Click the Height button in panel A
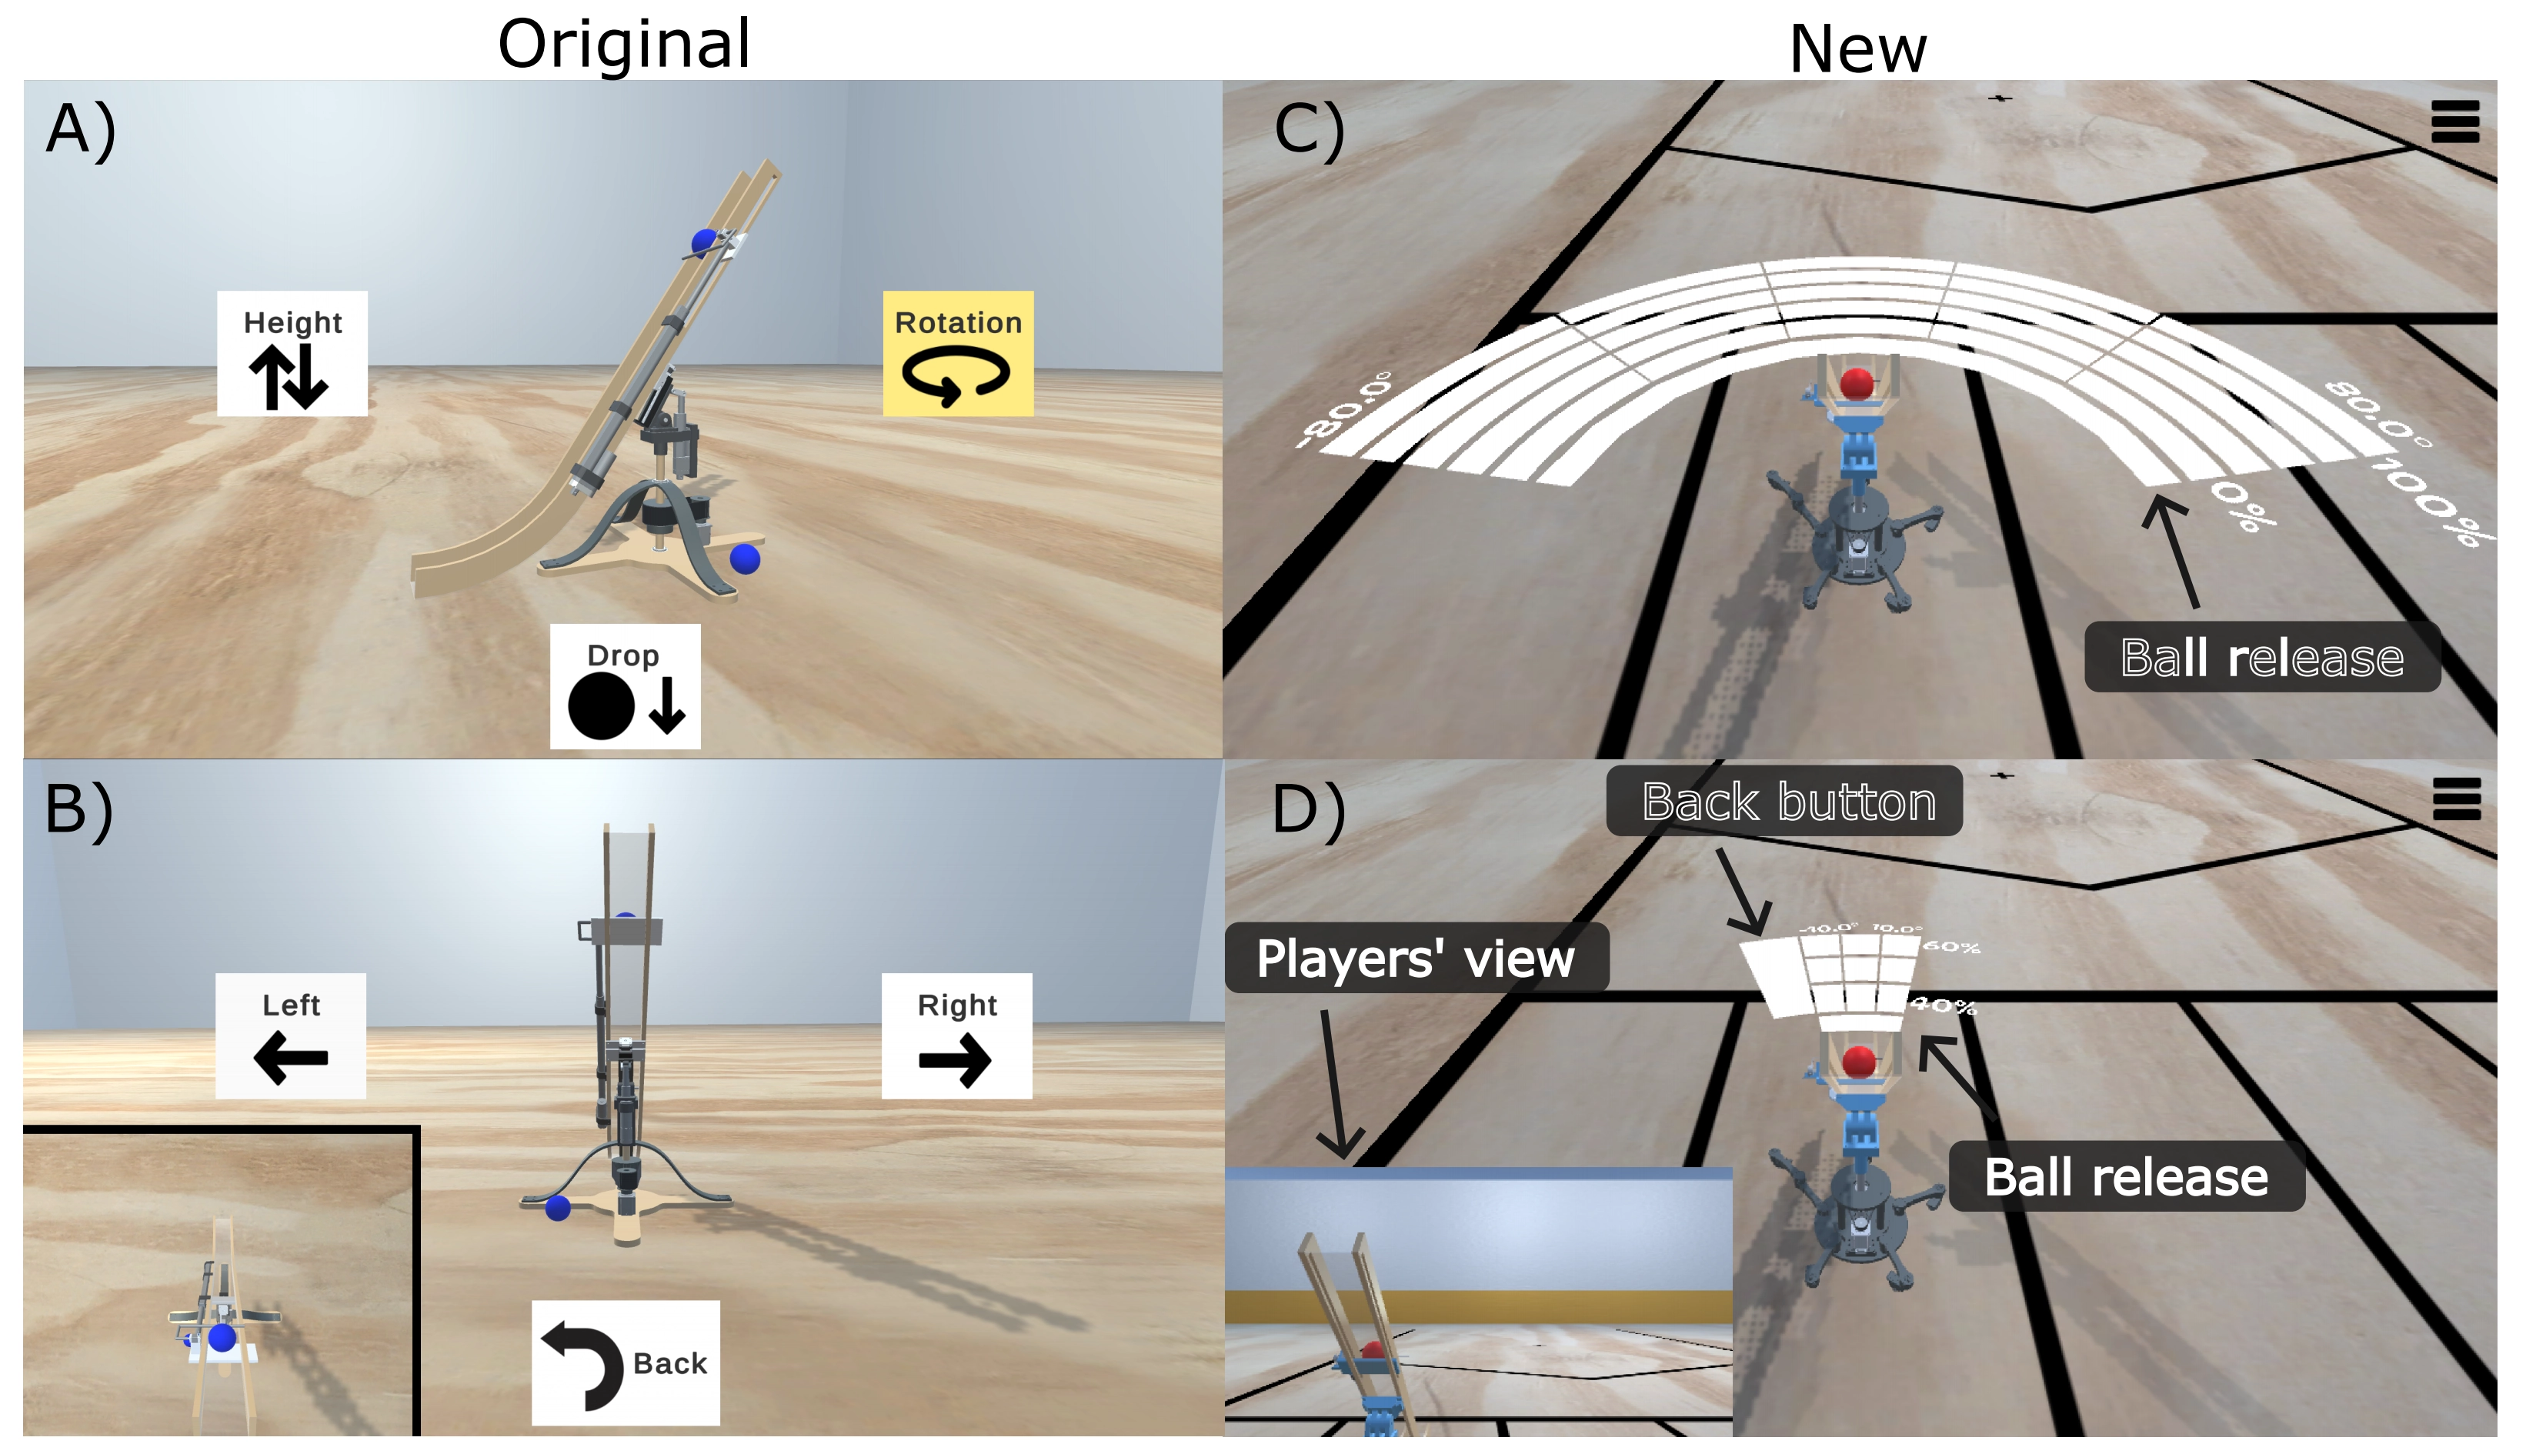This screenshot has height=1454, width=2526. click(292, 354)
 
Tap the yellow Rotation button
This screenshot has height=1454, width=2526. click(958, 354)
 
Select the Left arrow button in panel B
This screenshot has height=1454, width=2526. click(291, 1035)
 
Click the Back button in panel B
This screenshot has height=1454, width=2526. click(626, 1362)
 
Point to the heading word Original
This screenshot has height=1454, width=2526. click(623, 44)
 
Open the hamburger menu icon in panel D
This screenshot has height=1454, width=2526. click(2456, 799)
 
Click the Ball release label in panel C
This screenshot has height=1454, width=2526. click(2261, 657)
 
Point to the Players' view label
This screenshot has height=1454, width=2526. click(1415, 958)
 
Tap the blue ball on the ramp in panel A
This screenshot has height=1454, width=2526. click(705, 241)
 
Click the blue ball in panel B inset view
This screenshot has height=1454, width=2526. click(222, 1336)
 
